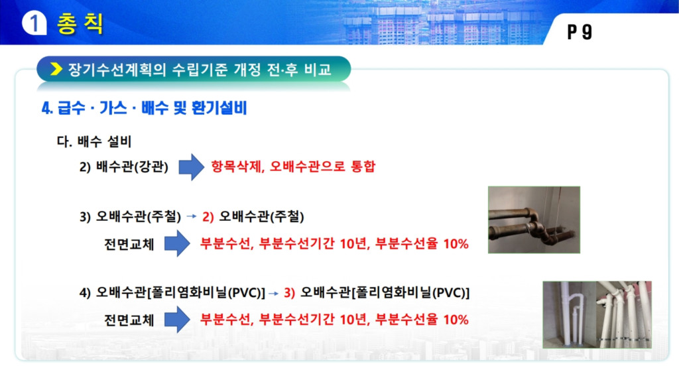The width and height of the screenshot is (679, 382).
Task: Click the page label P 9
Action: (580, 32)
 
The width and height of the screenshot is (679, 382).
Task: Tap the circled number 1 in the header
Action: (34, 23)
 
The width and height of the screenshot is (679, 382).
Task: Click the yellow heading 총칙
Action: (80, 23)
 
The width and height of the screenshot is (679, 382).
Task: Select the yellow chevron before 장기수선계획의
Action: (56, 69)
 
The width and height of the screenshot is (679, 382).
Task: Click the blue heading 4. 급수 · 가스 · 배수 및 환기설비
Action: (144, 108)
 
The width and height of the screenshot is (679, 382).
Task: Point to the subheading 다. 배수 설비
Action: (94, 141)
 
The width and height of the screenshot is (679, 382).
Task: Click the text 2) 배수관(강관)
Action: (124, 166)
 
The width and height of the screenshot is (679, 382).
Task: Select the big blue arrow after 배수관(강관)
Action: (192, 166)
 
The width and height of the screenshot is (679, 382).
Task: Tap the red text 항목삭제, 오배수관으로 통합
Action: (293, 166)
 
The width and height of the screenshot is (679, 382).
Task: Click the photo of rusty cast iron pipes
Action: (534, 220)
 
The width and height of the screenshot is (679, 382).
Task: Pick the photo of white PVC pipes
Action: (597, 314)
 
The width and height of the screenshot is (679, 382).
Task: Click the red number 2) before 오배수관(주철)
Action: (208, 216)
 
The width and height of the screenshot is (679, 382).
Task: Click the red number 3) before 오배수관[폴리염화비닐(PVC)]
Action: (290, 293)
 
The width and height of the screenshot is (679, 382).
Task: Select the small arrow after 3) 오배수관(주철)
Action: (192, 216)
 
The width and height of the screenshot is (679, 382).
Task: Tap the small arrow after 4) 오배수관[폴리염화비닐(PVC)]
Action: (273, 293)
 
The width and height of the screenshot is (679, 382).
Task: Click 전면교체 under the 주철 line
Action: (129, 244)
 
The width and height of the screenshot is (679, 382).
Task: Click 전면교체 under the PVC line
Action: (129, 320)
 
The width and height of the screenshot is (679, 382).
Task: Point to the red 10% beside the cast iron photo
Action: (456, 244)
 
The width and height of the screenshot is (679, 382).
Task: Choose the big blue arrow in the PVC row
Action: (177, 320)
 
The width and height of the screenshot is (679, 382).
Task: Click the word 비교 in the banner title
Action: (318, 69)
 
